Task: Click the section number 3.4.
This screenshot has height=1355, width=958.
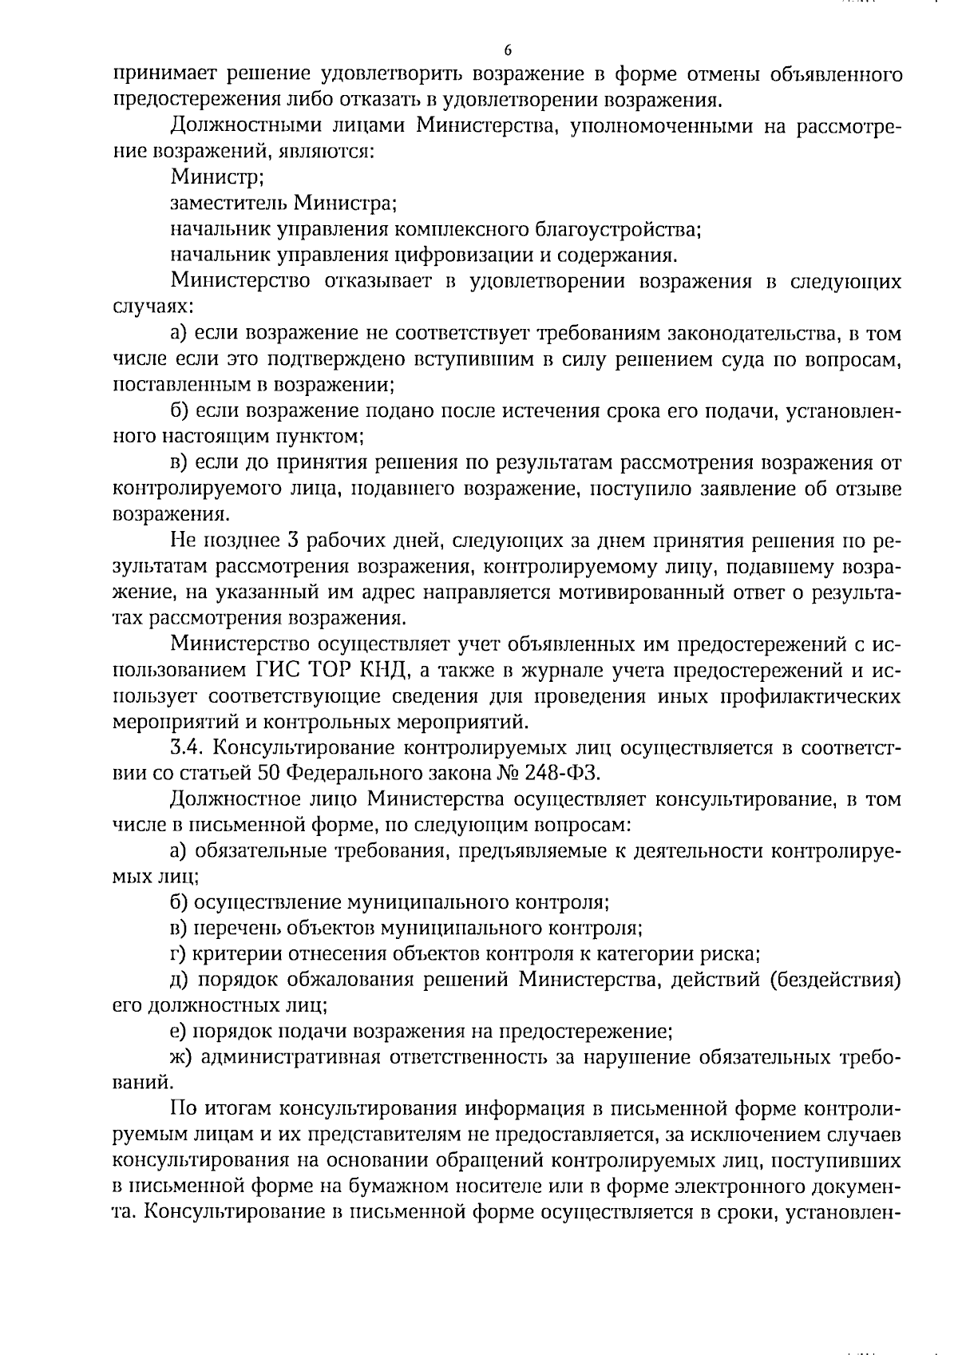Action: (188, 748)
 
